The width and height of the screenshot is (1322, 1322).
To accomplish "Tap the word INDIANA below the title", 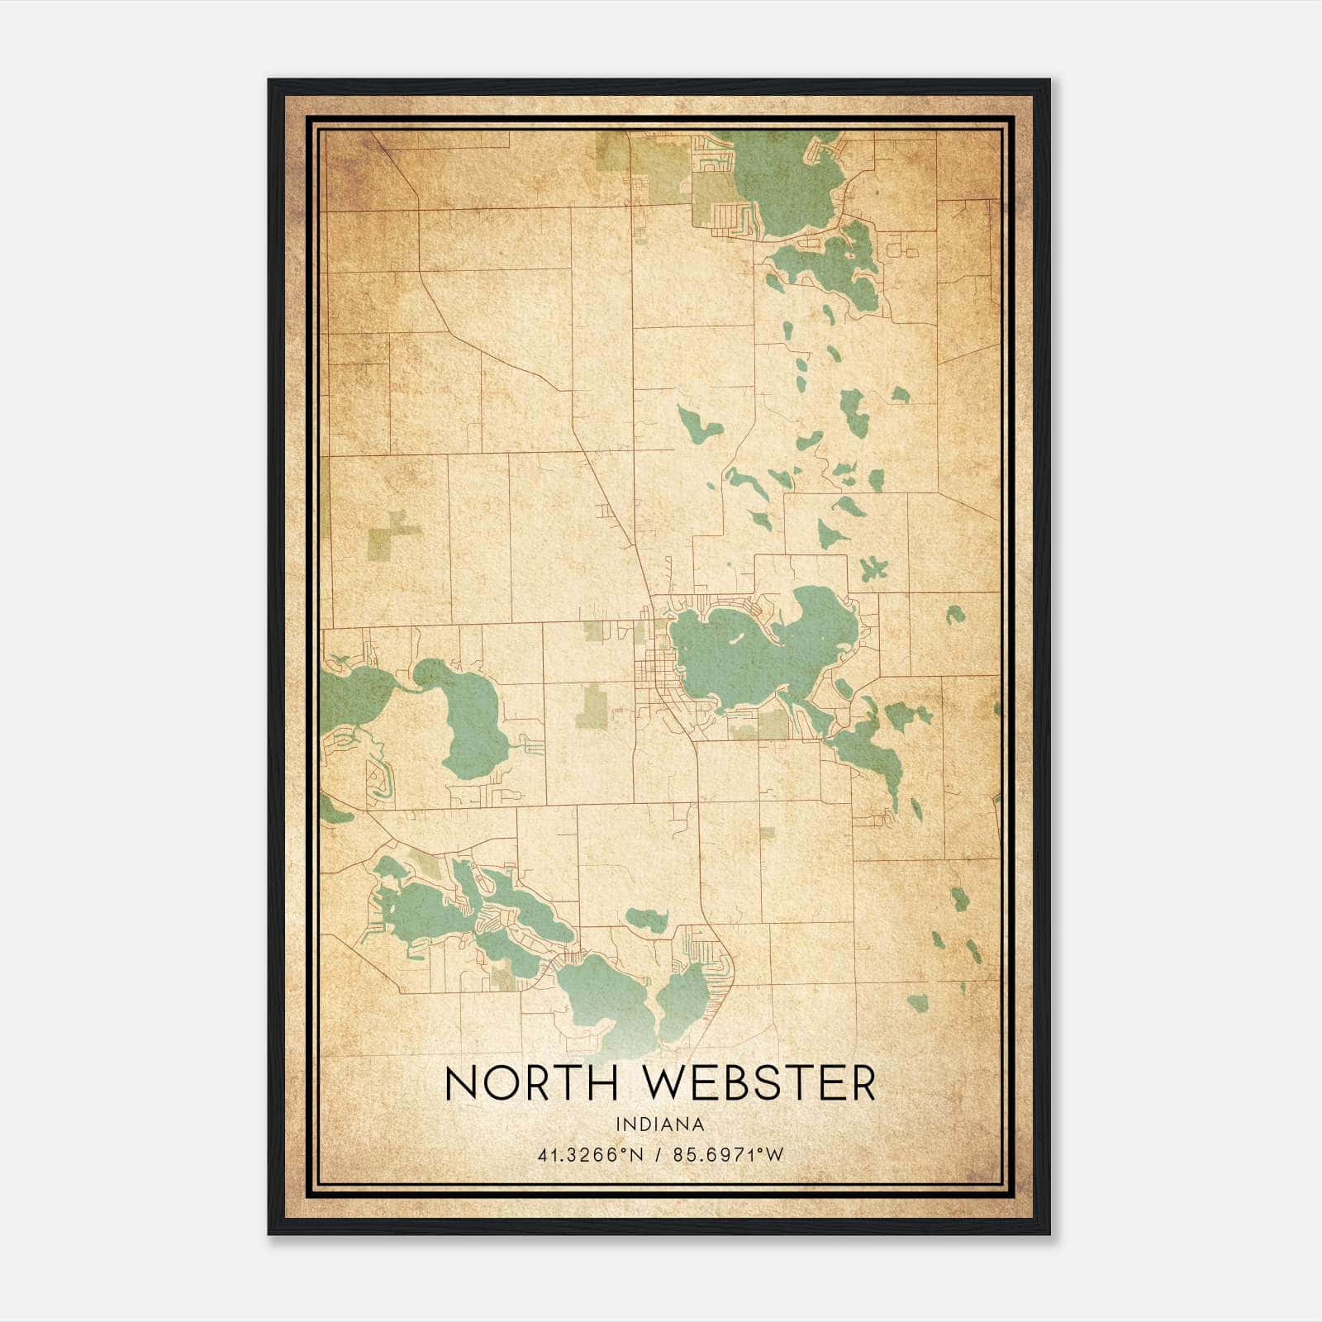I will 659,1125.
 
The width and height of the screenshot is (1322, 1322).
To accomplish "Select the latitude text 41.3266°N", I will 590,1155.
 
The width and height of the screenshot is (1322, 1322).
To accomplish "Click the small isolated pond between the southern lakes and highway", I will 647,918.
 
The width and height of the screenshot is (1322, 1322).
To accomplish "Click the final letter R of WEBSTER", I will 862,1083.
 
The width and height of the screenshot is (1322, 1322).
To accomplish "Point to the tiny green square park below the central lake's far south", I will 768,833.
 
